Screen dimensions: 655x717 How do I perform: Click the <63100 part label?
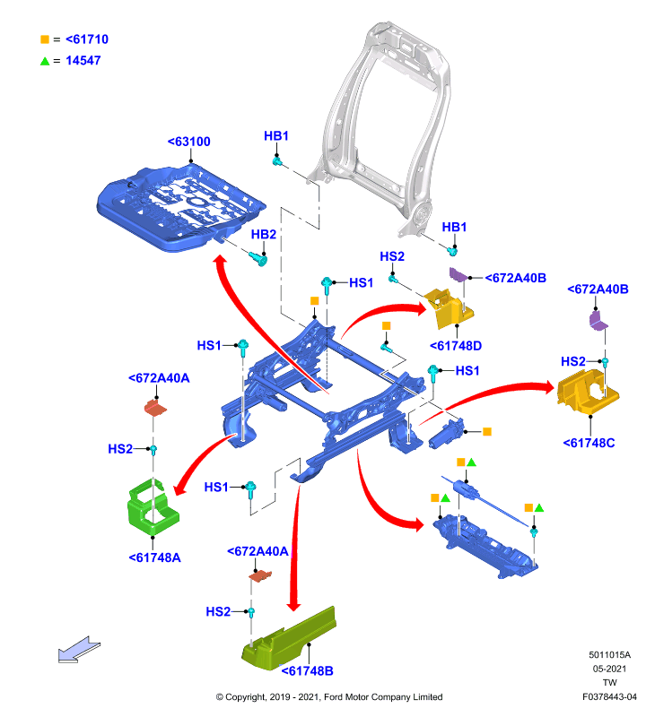pos(188,142)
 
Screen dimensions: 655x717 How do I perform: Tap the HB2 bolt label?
pos(264,235)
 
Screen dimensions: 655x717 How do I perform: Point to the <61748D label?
pos(456,346)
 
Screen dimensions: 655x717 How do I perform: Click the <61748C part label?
pos(589,443)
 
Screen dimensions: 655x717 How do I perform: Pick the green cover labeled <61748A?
pos(153,506)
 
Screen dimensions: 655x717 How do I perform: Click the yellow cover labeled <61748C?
pos(588,392)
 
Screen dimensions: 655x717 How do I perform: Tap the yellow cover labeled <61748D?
pos(449,307)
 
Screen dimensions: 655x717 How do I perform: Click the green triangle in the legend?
pos(45,61)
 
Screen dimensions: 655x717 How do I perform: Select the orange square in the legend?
pos(45,39)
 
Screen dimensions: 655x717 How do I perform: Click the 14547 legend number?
pos(83,60)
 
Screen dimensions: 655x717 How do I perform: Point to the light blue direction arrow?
pos(79,649)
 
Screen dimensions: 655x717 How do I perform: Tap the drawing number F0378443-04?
pos(609,697)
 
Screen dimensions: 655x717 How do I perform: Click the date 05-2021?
pos(609,669)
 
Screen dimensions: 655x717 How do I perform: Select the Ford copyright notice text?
pos(329,697)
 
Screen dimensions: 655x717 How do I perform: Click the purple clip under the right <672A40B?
pos(598,320)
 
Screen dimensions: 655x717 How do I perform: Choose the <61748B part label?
pos(307,671)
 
